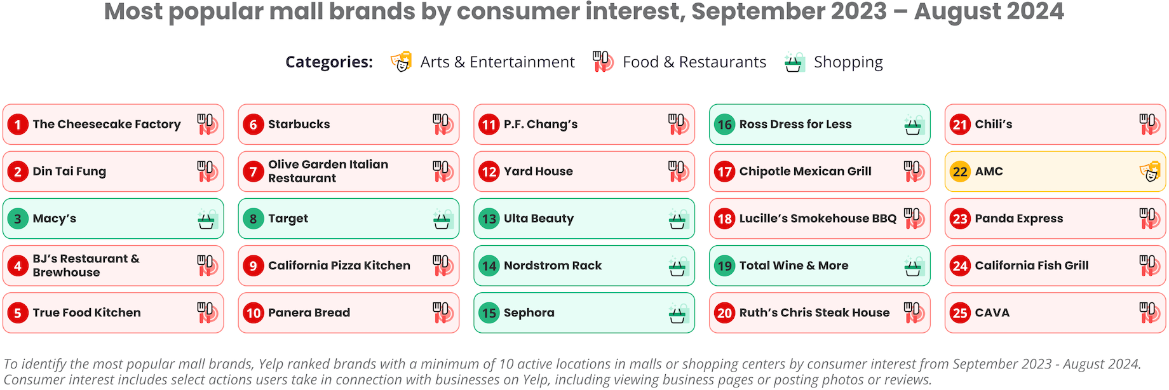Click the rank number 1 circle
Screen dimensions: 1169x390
tap(18, 124)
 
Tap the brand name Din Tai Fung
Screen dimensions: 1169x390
tap(69, 171)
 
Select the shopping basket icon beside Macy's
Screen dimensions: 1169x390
tap(207, 220)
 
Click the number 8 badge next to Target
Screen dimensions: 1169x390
tap(253, 219)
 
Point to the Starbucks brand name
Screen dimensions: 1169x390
tap(299, 124)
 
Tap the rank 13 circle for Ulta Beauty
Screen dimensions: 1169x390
tap(489, 219)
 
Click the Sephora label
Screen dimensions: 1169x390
tap(529, 313)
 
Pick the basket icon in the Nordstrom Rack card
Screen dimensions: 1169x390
tap(679, 267)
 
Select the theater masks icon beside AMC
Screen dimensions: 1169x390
tap(1150, 171)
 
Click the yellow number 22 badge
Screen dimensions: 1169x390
tap(960, 171)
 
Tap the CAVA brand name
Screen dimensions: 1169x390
tap(992, 313)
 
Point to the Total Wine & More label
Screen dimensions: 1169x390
tap(794, 266)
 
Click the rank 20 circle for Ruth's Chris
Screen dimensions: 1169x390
tap(725, 313)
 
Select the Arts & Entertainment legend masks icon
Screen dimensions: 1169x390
tap(401, 62)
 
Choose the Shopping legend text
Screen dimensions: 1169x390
tap(848, 62)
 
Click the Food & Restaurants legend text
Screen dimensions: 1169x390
tap(694, 62)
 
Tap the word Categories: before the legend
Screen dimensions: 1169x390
tap(329, 62)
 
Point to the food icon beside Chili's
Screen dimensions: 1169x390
tap(1150, 124)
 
